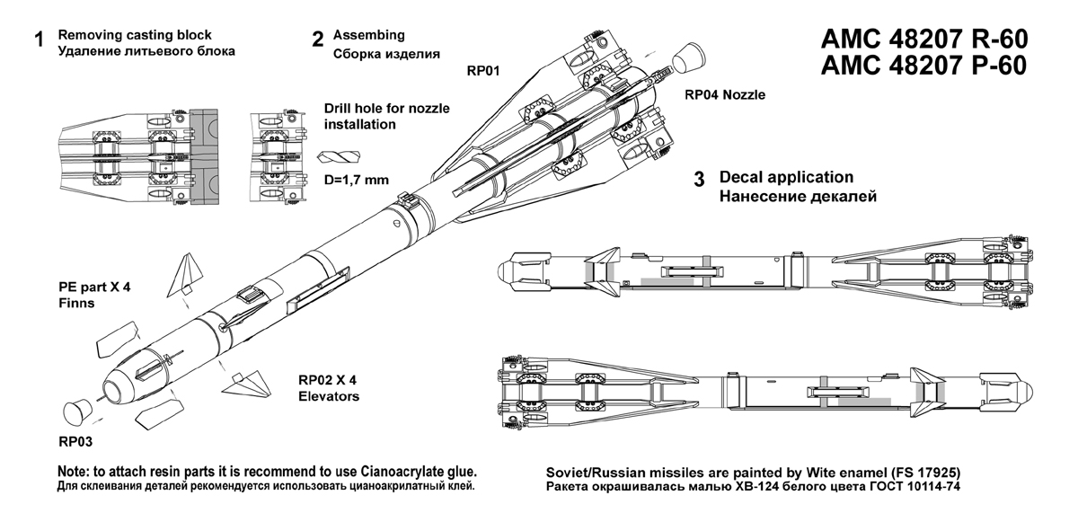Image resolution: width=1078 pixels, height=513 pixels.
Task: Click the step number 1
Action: pos(39,40)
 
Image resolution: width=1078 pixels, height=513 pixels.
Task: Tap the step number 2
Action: pos(317,40)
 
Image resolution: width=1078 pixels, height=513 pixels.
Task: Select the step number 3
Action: pos(699,178)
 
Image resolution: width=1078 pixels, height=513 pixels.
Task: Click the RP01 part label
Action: pos(482,69)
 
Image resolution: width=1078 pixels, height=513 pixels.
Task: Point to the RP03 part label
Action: pos(76,441)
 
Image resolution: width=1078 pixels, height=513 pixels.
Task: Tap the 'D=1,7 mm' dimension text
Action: pos(355,180)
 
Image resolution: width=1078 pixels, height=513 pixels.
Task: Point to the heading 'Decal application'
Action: pos(786,177)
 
